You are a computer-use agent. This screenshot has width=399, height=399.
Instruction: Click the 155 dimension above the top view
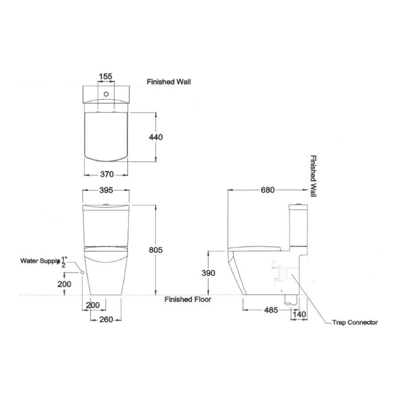(x=105, y=76)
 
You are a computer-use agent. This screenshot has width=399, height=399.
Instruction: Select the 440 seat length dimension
(x=156, y=137)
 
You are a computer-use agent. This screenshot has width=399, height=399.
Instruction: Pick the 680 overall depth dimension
(x=268, y=190)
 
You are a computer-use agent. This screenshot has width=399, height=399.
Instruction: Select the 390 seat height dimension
(x=208, y=273)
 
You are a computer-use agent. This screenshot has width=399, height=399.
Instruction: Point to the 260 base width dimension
(x=106, y=319)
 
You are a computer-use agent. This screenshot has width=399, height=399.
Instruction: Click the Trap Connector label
(x=355, y=322)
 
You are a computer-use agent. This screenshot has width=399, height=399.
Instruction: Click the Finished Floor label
(x=188, y=299)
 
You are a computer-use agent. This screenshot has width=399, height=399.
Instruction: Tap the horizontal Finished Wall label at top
(x=169, y=82)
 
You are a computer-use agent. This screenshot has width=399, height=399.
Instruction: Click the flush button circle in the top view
(x=106, y=94)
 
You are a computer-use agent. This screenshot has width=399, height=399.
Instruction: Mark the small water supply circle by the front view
(x=83, y=273)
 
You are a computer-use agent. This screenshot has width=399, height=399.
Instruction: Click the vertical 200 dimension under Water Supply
(x=65, y=284)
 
